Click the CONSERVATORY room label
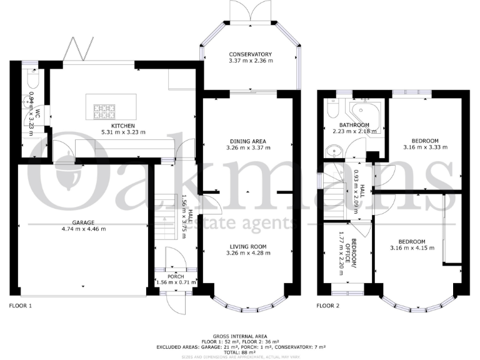[250, 54]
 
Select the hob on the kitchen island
[105, 111]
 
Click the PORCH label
[175, 276]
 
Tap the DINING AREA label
[249, 142]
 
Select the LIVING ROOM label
[249, 247]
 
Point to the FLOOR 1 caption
[21, 306]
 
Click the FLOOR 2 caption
[328, 306]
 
